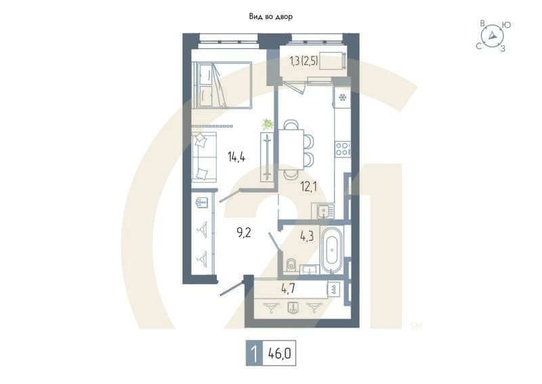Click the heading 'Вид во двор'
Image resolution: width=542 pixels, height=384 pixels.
pyautogui.click(x=270, y=16)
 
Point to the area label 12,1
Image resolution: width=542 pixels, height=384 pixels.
pyautogui.click(x=309, y=185)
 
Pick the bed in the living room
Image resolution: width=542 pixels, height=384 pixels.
pyautogui.click(x=222, y=85)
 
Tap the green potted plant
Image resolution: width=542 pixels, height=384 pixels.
pyautogui.click(x=268, y=124)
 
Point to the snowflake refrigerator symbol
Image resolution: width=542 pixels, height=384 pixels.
pyautogui.click(x=342, y=98)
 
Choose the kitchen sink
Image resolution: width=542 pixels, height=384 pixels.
pyautogui.click(x=325, y=211)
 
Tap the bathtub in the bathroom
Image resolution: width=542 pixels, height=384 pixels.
pyautogui.click(x=331, y=251)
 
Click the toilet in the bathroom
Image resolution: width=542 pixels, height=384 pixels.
pyautogui.click(x=290, y=263)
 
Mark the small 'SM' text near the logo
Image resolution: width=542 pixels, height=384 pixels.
pyautogui.click(x=415, y=326)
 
